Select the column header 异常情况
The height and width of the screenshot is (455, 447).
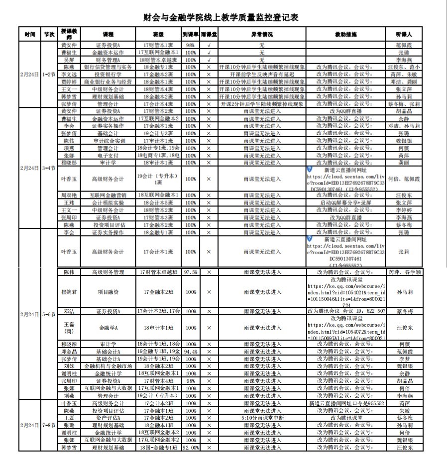pos(261,35)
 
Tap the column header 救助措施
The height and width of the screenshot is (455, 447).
pos(346,35)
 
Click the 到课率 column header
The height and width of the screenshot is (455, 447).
pos(190,35)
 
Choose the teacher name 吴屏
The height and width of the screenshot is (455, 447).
pos(69,59)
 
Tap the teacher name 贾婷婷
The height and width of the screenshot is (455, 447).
pos(69,82)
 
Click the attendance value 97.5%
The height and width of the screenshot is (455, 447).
pos(190,273)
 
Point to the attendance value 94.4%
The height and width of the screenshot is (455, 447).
pos(190,351)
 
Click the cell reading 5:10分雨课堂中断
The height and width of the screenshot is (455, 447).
pos(261,418)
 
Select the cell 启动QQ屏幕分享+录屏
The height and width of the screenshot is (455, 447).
pos(346,203)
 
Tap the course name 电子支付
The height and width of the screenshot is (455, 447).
pos(108,155)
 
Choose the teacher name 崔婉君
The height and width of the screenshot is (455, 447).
pos(69,292)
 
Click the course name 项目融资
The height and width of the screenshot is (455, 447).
pos(108,292)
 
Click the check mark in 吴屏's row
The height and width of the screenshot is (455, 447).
pos(209,59)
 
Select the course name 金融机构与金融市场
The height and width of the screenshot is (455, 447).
pos(108,366)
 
